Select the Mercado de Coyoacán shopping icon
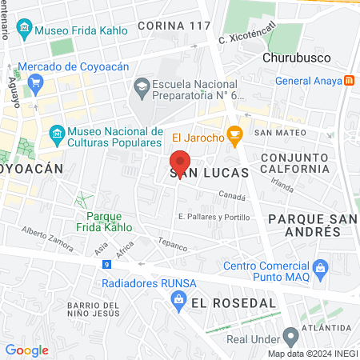pos(35,82)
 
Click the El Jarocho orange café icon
pos(234,137)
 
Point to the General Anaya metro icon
pos(349,80)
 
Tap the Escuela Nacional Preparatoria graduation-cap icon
pos(141,85)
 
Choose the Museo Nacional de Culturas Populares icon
pos(56,132)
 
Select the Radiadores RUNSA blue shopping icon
pos(180,299)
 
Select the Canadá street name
pos(232,195)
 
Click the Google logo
pos(26,350)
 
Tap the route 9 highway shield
pos(106,273)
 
